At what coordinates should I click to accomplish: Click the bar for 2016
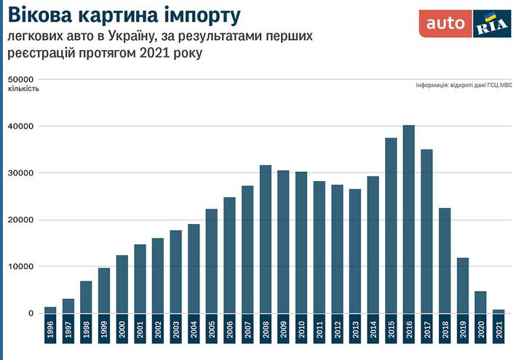(x=408, y=219)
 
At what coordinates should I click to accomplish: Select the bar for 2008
(x=266, y=239)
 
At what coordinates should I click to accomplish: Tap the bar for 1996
(x=50, y=311)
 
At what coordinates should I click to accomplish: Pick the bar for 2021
(x=498, y=312)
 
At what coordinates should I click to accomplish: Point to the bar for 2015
(x=391, y=225)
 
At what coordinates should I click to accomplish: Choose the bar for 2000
(x=122, y=284)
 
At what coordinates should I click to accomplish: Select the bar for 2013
(x=355, y=251)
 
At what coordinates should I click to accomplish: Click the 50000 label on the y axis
(x=21, y=79)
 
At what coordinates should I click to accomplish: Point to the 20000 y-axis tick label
(x=21, y=220)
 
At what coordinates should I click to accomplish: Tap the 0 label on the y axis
(x=31, y=313)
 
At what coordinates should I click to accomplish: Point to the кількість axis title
(x=24, y=89)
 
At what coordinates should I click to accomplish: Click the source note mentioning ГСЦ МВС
(x=464, y=85)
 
